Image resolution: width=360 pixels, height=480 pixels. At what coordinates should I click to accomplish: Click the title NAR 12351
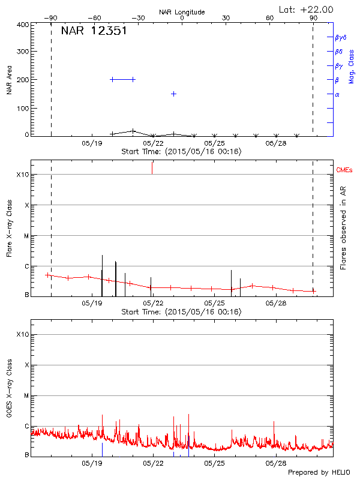(94, 31)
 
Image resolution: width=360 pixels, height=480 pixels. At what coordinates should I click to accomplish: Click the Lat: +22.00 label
(307, 9)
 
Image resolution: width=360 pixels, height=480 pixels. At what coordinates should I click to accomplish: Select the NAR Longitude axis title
(182, 12)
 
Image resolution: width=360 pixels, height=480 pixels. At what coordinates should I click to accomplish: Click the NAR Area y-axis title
(10, 80)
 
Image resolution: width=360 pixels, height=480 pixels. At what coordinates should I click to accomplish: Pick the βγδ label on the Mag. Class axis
(340, 37)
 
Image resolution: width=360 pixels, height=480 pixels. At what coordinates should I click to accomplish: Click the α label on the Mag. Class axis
(337, 94)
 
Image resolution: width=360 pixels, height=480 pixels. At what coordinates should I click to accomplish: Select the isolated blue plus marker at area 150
(173, 94)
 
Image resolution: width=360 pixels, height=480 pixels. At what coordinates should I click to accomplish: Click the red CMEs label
(345, 170)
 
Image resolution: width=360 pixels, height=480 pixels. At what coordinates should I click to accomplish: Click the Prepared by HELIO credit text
(319, 472)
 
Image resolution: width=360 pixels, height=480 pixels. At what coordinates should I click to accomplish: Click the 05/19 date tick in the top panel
(92, 143)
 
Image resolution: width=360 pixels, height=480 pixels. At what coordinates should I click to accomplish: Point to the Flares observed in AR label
(343, 228)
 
